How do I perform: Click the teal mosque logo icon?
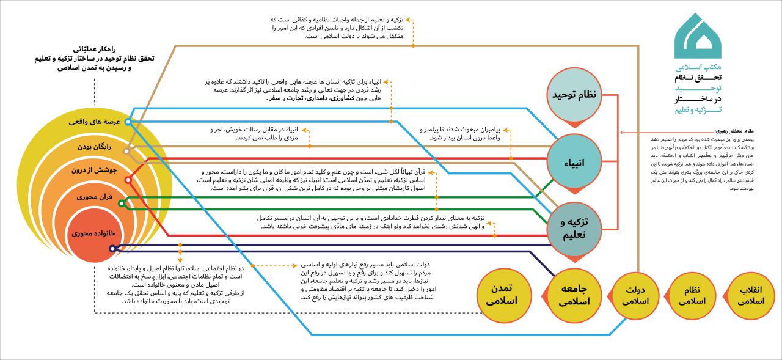(697, 36)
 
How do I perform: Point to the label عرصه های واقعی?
(94, 122)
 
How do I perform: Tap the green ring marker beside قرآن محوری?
(121, 203)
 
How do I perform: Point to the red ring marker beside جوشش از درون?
(128, 180)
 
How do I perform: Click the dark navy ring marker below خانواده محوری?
(112, 248)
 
